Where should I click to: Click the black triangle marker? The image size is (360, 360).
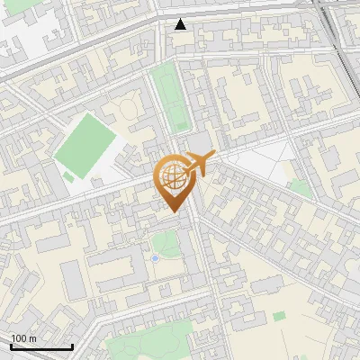coord(181,24)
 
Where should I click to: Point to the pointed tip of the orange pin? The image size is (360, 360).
coord(173,212)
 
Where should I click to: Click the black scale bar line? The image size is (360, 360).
coord(41,346)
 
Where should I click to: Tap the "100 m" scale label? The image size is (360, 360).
coord(24,338)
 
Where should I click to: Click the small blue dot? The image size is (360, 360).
coord(156,258)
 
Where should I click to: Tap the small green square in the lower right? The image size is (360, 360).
coord(279,317)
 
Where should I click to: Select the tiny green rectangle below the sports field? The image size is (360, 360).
coord(67,177)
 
